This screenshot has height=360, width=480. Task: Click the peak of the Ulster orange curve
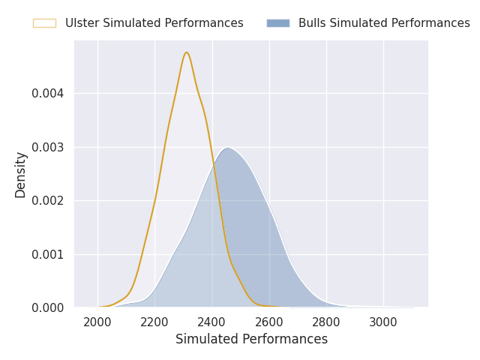187,52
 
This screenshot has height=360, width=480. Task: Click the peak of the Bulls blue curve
228,148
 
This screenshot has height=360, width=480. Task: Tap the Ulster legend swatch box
45,23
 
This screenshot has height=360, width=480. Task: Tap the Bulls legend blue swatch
278,23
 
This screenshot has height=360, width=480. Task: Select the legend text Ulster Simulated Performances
154,23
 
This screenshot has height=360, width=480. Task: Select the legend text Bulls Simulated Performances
384,23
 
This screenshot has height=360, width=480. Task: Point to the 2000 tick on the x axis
97,322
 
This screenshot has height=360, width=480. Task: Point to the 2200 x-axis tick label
154,322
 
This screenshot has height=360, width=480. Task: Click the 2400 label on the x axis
211,322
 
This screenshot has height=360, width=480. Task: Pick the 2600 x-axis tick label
268,322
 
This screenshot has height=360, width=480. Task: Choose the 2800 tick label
326,322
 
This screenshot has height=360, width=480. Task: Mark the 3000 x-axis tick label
383,322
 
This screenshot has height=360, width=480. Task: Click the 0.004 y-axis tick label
48,93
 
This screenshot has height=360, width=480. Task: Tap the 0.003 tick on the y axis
48,147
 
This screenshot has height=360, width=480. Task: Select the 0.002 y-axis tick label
48,201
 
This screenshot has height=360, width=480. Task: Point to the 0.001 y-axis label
48,254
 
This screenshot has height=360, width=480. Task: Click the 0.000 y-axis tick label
48,307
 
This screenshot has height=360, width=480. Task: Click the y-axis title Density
20,175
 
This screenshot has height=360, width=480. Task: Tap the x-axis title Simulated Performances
252,339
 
